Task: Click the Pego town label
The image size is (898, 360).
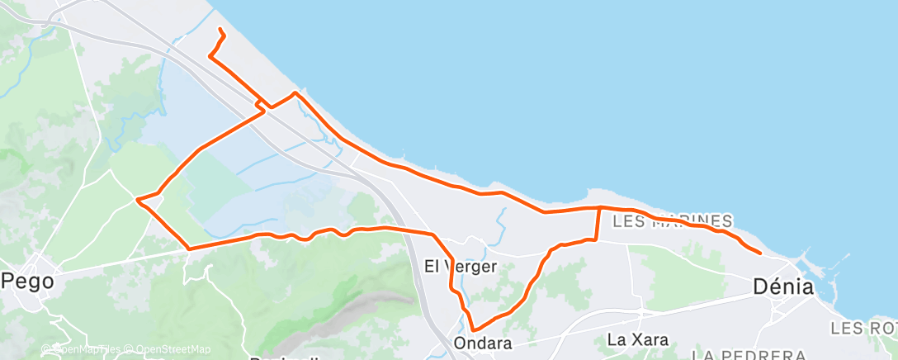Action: [28, 281]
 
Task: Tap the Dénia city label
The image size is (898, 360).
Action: [783, 287]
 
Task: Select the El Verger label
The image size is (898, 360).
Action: [460, 267]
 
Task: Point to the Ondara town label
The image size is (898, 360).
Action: [482, 343]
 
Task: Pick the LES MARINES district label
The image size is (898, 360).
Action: [673, 221]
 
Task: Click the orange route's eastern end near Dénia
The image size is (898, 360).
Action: [759, 252]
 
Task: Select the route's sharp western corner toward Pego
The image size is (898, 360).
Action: [137, 199]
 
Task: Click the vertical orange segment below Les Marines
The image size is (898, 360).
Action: [598, 224]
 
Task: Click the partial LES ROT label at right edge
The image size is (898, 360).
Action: [863, 329]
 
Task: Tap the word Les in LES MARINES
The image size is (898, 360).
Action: [632, 221]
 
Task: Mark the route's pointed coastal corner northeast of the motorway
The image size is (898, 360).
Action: [295, 92]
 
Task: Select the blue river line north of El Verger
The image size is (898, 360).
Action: [501, 219]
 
